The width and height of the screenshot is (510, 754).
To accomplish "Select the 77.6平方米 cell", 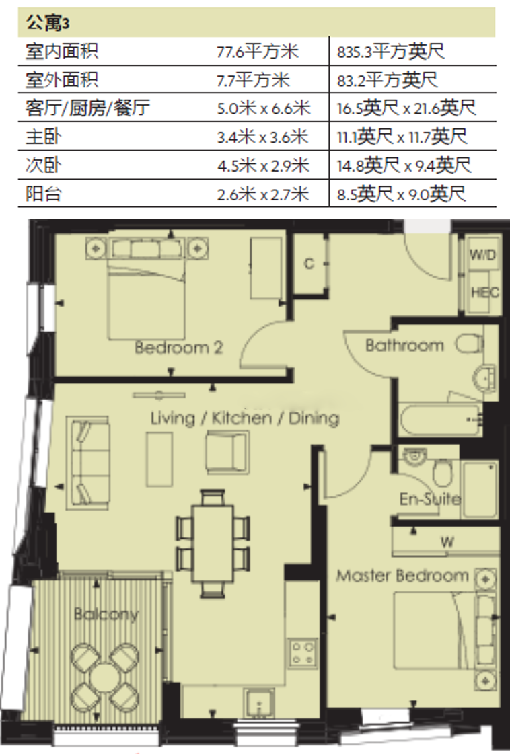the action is click(258, 51).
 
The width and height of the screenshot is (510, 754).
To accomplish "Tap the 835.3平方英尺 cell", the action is click(391, 51).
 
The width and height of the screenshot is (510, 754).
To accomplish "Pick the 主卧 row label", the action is click(43, 137).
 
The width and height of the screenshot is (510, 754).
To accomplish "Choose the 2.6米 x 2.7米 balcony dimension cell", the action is click(262, 194).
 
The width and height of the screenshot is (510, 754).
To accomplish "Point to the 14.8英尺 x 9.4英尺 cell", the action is click(404, 165).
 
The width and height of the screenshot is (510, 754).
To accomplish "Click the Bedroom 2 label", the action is click(178, 347).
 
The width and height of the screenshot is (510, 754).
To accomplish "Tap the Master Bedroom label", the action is click(402, 576).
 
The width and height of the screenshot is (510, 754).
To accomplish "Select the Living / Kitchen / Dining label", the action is click(245, 418).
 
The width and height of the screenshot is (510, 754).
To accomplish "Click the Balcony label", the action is click(106, 613).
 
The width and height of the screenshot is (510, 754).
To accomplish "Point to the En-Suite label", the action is click(430, 499).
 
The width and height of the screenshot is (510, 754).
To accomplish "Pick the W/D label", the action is click(482, 254).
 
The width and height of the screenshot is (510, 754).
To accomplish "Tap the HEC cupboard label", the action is click(484, 292).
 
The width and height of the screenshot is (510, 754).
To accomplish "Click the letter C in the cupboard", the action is click(309, 264).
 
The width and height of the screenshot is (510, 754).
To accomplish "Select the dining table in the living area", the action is click(212, 543).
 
